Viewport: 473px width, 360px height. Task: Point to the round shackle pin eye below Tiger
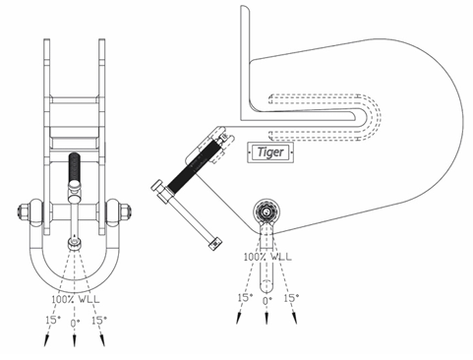[x=267, y=211]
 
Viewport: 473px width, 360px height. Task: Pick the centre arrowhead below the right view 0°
[x=267, y=317]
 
